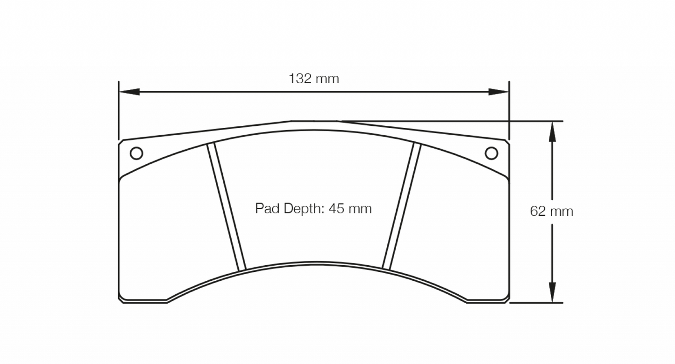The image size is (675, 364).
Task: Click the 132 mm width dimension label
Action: [x=313, y=79]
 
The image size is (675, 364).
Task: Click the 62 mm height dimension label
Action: [x=551, y=211]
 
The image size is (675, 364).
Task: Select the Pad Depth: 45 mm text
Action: [x=313, y=208]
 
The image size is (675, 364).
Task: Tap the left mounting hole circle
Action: [x=136, y=153]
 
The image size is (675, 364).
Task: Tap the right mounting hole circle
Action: [x=491, y=153]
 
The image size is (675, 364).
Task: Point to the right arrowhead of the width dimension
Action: [x=498, y=92]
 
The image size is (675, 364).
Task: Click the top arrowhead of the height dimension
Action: [x=552, y=131]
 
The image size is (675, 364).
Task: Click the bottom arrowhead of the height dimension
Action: [x=552, y=292]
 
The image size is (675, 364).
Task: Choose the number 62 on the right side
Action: [x=538, y=211]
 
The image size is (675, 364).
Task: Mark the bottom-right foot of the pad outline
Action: [x=486, y=300]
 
